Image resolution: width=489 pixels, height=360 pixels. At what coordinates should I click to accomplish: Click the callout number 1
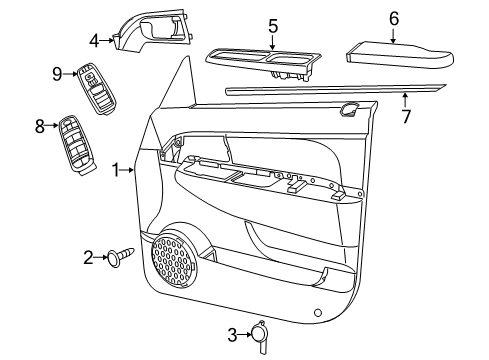click(117, 171)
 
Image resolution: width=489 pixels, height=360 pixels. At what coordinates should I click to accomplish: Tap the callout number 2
click(88, 257)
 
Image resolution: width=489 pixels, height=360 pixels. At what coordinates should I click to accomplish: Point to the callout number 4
click(94, 41)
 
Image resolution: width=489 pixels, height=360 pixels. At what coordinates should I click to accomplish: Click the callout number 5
click(273, 27)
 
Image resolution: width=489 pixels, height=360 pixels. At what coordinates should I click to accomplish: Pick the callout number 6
click(394, 17)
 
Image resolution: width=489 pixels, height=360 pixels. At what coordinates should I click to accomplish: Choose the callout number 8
click(41, 126)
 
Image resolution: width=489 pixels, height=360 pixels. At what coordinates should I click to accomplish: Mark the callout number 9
click(58, 72)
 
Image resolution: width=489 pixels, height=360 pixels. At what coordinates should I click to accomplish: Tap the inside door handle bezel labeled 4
click(152, 29)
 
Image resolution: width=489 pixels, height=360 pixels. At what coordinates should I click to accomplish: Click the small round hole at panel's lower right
click(317, 313)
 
